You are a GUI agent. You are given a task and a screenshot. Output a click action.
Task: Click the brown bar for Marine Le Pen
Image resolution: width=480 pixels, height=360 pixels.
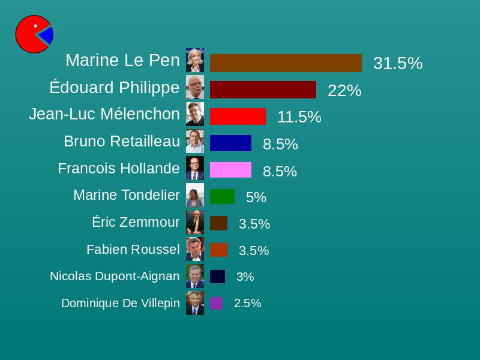tap(286, 63)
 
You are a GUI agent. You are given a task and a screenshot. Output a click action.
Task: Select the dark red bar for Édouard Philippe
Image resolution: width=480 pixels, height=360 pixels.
tap(263, 89)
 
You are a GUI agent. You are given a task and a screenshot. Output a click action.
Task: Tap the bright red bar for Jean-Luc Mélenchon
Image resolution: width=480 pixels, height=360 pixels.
tap(238, 116)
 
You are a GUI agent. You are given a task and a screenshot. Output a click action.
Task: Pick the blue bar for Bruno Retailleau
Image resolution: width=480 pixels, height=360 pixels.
tap(230, 143)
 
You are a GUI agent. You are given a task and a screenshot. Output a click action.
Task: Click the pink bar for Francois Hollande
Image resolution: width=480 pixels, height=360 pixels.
tap(230, 170)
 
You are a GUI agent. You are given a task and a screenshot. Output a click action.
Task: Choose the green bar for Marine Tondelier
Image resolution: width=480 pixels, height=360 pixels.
tap(222, 196)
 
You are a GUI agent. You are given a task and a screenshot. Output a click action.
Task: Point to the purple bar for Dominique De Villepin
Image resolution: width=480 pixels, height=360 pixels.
tap(217, 303)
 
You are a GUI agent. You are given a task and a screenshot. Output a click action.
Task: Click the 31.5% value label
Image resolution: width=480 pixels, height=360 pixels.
tap(398, 64)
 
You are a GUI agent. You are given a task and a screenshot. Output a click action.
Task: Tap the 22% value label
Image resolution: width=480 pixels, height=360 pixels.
tap(344, 91)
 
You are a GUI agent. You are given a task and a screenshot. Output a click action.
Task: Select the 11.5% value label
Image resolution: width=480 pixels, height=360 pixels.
tap(299, 117)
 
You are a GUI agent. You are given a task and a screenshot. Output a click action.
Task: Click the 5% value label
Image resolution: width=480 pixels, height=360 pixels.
tap(256, 197)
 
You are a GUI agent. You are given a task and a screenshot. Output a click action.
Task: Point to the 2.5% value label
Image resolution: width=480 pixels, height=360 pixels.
tap(248, 304)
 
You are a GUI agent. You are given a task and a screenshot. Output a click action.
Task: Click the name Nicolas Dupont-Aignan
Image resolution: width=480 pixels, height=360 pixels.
tap(115, 276)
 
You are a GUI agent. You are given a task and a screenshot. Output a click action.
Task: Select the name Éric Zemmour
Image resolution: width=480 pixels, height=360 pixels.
tap(136, 222)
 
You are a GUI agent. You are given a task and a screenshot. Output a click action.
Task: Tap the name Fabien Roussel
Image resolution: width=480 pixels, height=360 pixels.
tap(133, 249)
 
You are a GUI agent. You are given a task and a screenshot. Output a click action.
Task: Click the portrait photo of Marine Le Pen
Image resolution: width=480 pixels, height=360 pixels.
tap(195, 60)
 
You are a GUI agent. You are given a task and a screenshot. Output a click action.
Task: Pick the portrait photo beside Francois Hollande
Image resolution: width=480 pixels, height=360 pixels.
tap(195, 168)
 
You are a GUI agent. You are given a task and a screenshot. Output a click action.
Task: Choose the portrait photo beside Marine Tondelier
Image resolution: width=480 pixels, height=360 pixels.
tap(195, 195)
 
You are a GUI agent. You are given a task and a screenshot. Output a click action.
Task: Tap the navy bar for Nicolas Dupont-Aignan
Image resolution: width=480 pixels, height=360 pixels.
tap(217, 277)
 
